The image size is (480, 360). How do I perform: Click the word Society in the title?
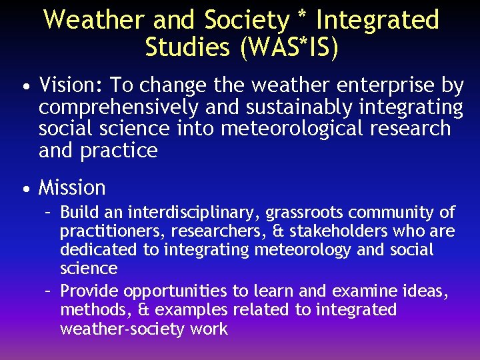[245, 20]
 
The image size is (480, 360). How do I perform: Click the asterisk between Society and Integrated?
[303, 17]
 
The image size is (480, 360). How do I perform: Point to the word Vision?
[70, 85]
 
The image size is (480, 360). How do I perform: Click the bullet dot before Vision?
[25, 87]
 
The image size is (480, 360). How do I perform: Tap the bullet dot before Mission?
[25, 189]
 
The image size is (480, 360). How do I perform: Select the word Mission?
[72, 188]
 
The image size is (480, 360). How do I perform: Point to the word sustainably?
[298, 107]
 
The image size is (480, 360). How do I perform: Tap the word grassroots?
[305, 213]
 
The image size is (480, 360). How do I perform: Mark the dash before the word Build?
[48, 213]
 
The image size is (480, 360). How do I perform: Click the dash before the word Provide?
[48, 291]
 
